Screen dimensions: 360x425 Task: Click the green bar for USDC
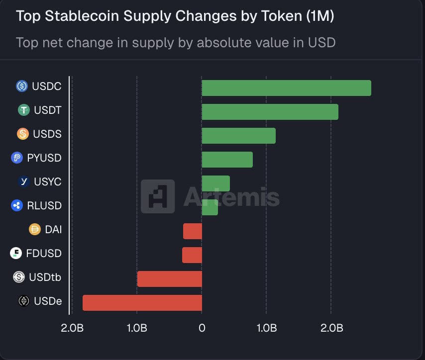[286, 88]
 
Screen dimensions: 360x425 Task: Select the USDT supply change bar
[270, 112]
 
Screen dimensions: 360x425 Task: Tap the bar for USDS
[238, 136]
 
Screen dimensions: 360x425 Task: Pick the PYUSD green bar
[227, 160]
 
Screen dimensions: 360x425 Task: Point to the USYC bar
[215, 183]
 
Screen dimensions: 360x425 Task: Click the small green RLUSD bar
[210, 207]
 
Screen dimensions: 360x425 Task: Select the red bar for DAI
[193, 231]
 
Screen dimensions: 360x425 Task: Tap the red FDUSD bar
[192, 255]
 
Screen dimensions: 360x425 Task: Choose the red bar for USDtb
[170, 279]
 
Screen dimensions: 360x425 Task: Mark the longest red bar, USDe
[142, 303]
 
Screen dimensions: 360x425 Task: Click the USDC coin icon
[22, 87]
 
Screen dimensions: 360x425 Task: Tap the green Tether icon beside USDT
[24, 110]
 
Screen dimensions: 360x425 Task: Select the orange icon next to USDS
[23, 134]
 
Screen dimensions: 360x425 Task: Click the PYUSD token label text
[44, 158]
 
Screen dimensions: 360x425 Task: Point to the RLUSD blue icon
[17, 205]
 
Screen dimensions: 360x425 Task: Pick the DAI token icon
[35, 229]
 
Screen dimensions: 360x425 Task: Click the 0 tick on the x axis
[202, 328]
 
